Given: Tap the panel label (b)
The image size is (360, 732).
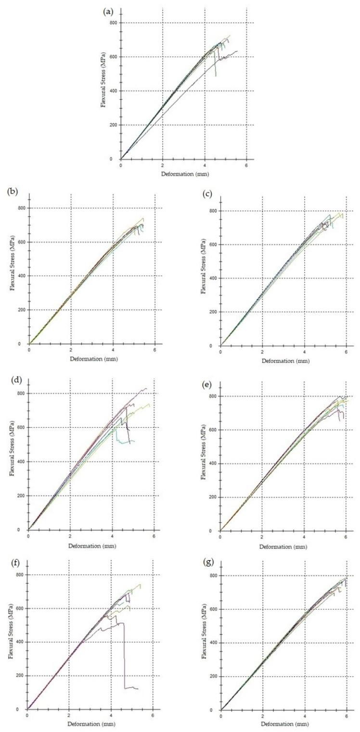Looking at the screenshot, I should pos(13,191).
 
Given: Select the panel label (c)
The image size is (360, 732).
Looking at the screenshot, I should pos(204,191).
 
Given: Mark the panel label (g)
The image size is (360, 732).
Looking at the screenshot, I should pos(204,559).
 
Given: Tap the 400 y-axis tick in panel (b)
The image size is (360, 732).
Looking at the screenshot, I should pos(20,276).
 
